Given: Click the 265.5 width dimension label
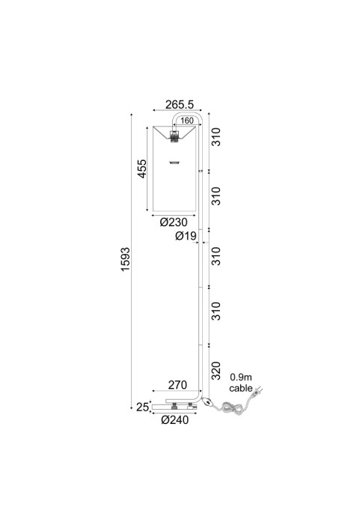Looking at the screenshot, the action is [180, 104].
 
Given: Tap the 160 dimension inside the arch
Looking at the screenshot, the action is [187, 121].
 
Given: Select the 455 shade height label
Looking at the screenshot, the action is [142, 169].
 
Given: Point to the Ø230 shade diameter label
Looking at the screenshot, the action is [174, 222].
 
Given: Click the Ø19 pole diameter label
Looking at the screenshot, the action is [186, 236].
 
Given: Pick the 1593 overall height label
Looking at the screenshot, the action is [125, 259].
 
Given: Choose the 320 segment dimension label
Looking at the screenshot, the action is [216, 371].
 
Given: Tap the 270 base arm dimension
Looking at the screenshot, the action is [177, 385].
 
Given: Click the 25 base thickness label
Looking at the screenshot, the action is [142, 407].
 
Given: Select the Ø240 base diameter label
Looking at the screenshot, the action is [174, 420].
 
